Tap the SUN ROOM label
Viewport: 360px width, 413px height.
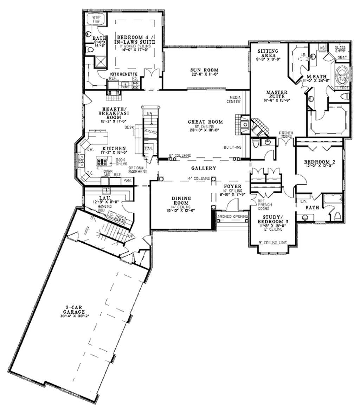pos(204,70)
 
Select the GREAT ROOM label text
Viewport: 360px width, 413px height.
pos(205,122)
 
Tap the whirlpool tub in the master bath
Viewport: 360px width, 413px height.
pos(342,76)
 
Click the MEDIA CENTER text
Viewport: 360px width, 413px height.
pos(235,99)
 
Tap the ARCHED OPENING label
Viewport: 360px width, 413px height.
pos(233,216)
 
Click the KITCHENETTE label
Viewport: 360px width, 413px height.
pos(122,74)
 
